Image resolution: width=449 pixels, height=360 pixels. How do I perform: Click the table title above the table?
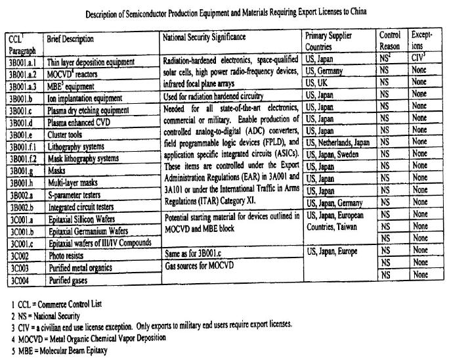(x=224, y=12)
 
